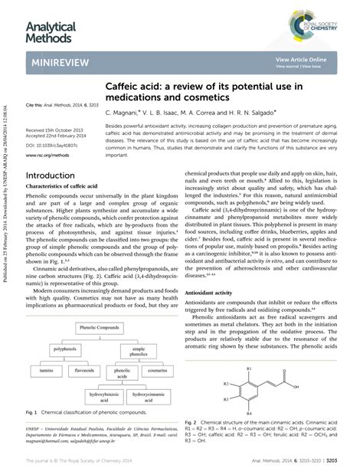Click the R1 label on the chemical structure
tap(247, 369)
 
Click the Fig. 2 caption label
tap(192, 422)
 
